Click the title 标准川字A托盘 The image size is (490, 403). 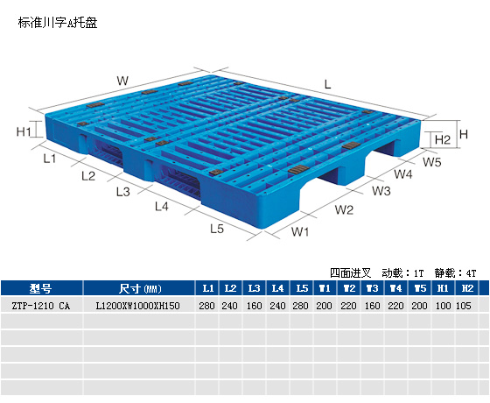tap(58, 23)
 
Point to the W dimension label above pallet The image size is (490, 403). tap(122, 81)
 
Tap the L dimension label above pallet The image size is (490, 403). tap(327, 84)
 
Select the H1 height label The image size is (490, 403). tap(24, 131)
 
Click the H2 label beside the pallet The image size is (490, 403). tap(443, 139)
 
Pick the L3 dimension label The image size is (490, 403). tap(122, 192)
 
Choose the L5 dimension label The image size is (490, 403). tap(217, 229)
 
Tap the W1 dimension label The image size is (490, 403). tap(300, 232)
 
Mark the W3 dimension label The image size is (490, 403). tap(381, 191)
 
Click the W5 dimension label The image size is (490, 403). tap(432, 162)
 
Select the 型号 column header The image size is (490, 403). tap(40, 288)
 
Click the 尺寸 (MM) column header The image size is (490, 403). tap(140, 288)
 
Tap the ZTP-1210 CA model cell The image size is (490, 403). tap(40, 306)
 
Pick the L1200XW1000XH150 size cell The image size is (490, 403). tap(137, 306)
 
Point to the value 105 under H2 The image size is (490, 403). tap(464, 306)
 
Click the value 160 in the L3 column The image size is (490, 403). tap(254, 306)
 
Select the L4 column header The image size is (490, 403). tap(277, 288)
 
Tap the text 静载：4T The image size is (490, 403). tap(455, 273)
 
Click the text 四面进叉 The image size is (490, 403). tap(351, 273)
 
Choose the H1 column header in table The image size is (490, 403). tap(443, 288)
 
